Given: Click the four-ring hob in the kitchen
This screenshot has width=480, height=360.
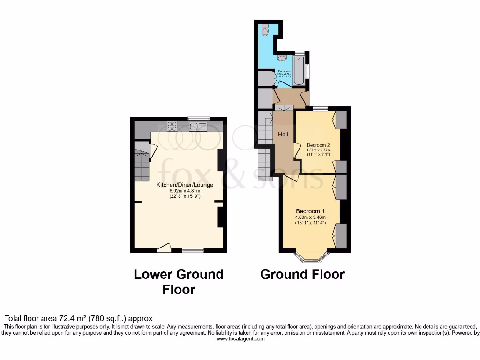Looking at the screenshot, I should [172, 126].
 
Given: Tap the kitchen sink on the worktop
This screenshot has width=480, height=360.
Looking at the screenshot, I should [198, 126].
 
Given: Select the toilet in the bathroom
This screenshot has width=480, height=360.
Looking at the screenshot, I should [265, 30].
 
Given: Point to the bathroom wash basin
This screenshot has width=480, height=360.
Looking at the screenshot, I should [282, 58].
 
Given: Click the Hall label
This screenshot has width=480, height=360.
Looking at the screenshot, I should [283, 135].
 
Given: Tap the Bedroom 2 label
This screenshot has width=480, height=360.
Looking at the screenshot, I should [318, 144].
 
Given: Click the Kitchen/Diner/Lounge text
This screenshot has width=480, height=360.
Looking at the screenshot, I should [185, 185].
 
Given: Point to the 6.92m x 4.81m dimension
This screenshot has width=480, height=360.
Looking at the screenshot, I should [185, 191].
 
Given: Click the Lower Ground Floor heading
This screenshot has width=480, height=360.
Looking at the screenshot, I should [179, 282].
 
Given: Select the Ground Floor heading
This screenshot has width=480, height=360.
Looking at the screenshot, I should [302, 274].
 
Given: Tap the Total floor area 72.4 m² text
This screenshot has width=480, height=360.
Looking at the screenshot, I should [78, 318].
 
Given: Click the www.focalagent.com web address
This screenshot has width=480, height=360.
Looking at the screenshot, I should [240, 339].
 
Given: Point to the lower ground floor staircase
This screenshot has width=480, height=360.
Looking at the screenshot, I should [141, 166].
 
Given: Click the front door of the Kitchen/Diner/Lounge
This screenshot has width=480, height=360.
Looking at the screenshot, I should [164, 247].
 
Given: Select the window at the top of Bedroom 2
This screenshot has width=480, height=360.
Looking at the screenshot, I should [320, 109].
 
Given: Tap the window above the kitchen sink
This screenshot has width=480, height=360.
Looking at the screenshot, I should [199, 119].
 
